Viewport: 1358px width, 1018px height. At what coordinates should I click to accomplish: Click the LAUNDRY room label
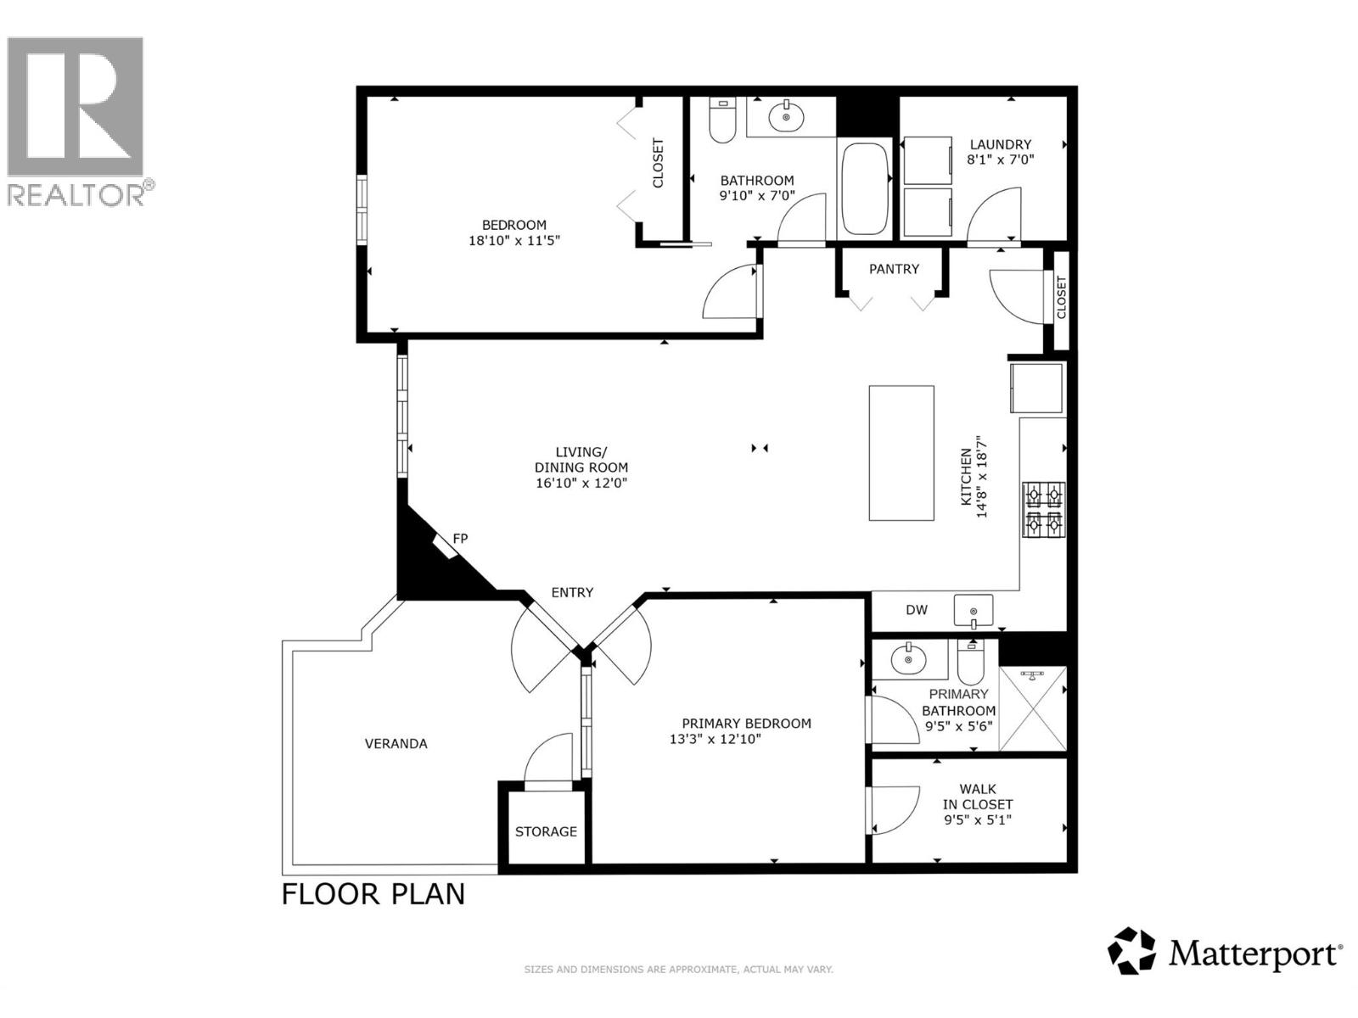tap(1001, 144)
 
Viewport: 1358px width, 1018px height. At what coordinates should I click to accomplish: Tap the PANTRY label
tap(894, 269)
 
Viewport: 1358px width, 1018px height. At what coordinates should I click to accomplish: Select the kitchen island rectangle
tap(901, 453)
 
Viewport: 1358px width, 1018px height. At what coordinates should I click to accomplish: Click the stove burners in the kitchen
tap(1044, 509)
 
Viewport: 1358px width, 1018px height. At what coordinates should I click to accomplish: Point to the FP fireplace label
tap(460, 539)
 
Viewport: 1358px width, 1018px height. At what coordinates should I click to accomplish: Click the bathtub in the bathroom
tap(864, 189)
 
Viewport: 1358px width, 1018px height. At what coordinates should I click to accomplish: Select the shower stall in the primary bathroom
tap(1032, 709)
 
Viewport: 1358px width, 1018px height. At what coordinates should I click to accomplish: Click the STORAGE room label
tap(546, 831)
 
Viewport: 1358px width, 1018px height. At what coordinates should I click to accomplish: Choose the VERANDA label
tap(396, 744)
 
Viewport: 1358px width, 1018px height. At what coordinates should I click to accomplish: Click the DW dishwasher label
tap(917, 610)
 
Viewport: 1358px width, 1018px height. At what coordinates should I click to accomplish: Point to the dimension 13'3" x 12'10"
tap(715, 739)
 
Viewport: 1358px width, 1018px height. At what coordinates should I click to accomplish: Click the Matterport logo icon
tap(1132, 951)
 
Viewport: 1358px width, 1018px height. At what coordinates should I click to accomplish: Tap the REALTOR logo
tap(76, 119)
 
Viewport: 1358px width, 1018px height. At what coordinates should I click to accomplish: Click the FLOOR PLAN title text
tap(373, 894)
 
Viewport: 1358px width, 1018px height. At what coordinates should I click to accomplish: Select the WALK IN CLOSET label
tap(978, 797)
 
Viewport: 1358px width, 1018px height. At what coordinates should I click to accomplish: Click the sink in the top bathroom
tap(786, 117)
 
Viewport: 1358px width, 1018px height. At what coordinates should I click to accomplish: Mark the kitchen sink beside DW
tap(973, 610)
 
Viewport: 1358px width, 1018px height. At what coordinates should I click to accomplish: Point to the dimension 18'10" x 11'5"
tap(514, 241)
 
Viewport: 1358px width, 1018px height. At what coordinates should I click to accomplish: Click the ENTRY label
tap(572, 593)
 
